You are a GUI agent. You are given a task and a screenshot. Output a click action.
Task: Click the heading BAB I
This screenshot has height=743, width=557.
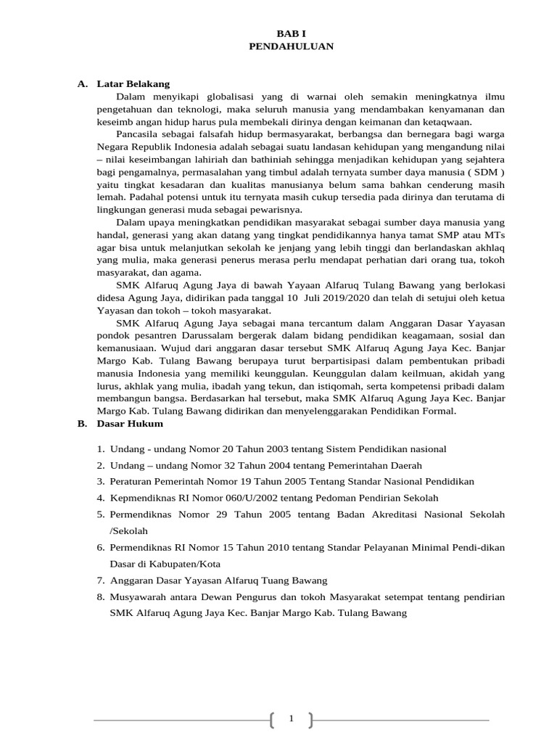point(290,33)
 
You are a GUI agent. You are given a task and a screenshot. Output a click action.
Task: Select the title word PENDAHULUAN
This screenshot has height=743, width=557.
point(290,46)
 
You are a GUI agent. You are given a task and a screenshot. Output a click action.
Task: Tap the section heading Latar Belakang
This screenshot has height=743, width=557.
point(133,84)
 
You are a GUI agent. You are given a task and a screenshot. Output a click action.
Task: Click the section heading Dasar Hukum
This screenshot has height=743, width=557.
point(130,424)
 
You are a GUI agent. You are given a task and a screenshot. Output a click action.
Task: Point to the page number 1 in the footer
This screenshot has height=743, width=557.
point(291,718)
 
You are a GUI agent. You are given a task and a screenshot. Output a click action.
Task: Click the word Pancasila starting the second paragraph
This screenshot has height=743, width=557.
point(137,134)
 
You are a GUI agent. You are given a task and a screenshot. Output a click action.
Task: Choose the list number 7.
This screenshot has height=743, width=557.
point(101,580)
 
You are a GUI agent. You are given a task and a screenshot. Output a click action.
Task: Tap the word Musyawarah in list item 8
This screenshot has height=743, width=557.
point(138,597)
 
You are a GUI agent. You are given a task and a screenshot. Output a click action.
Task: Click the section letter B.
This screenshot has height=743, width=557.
point(82,424)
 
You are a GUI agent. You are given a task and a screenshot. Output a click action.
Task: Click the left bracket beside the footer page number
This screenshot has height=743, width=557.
point(272,720)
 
